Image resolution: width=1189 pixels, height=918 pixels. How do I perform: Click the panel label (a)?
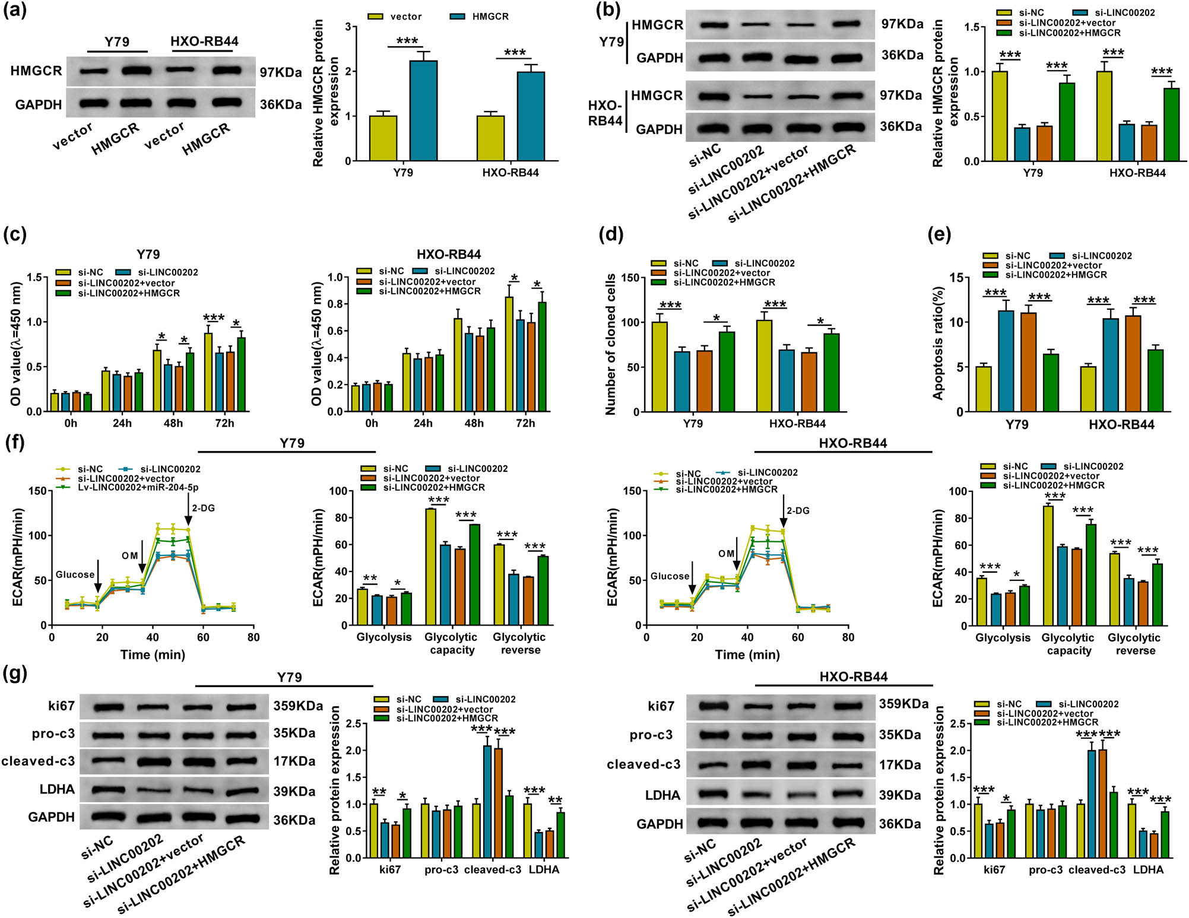click(15, 10)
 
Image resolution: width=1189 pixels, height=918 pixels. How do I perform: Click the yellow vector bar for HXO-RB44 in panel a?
click(490, 138)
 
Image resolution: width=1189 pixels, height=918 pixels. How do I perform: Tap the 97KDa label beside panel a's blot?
click(281, 72)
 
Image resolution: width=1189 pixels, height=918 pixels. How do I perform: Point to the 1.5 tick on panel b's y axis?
click(971, 27)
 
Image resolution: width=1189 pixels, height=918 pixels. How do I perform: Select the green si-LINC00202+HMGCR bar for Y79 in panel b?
click(1067, 122)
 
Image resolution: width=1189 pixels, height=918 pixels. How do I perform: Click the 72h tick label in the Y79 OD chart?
click(224, 423)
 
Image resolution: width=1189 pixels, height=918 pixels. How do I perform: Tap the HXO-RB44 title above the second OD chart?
click(448, 255)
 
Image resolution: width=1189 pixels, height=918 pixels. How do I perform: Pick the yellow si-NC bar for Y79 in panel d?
click(659, 367)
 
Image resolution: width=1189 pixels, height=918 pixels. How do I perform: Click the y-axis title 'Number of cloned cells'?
click(610, 344)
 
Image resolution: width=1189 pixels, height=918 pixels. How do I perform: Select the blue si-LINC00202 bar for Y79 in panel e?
click(1006, 361)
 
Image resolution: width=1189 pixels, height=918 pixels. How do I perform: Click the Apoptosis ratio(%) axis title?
click(938, 343)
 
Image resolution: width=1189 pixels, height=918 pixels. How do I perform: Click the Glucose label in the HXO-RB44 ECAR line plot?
click(670, 576)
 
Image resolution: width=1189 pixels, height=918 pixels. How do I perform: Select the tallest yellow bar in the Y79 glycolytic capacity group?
click(430, 567)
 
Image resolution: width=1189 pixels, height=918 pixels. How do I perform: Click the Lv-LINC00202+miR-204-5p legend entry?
click(138, 488)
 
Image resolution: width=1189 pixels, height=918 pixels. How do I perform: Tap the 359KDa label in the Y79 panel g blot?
click(297, 706)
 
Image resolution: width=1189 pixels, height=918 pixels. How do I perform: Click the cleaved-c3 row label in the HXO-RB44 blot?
click(643, 765)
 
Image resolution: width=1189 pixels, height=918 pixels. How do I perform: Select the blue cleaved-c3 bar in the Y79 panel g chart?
click(487, 802)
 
